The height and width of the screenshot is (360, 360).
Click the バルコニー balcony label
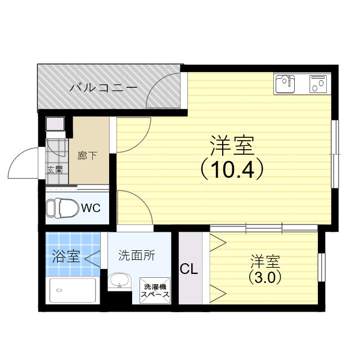click(x=103, y=88)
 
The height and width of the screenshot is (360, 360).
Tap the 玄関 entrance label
click(x=55, y=169)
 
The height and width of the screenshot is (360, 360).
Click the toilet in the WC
click(x=62, y=208)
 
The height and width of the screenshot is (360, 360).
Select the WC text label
click(x=91, y=208)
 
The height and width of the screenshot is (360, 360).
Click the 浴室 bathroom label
click(x=66, y=257)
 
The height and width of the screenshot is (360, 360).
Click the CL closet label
click(x=189, y=269)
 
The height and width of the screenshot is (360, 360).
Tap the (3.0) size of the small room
click(x=264, y=277)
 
